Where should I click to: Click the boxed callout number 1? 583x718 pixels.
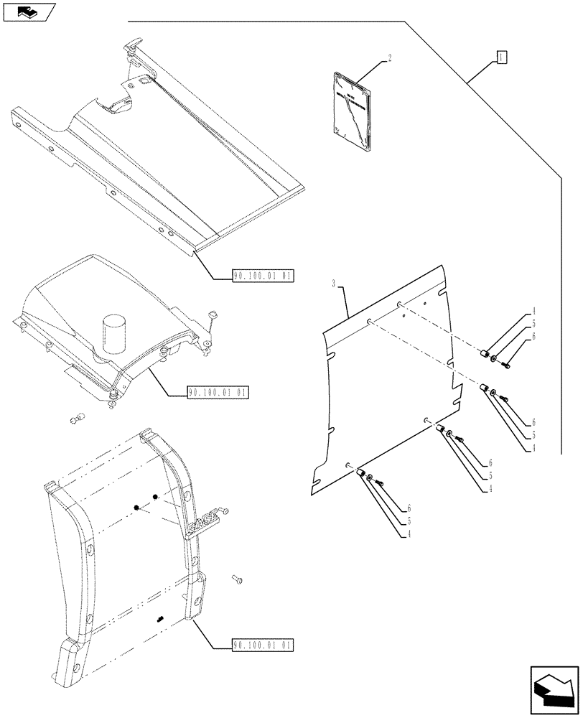502,57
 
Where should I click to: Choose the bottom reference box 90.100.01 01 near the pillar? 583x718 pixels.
263,644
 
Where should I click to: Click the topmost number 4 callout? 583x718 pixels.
534,312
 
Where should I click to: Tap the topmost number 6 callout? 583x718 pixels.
535,335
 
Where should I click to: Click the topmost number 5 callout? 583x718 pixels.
534,324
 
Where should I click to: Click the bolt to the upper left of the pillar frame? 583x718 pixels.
78,419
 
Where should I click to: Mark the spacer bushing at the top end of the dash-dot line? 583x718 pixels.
487,354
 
